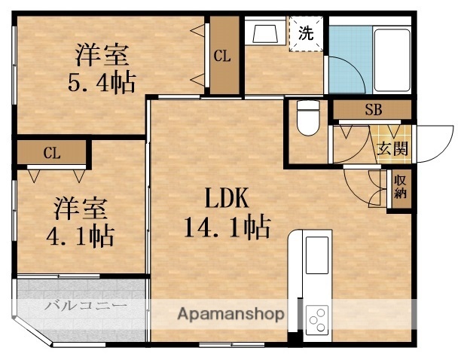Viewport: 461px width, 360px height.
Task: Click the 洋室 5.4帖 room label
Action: [105, 69]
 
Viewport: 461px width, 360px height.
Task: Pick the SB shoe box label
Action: [373, 110]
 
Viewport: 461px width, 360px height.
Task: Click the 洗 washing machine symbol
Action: [306, 33]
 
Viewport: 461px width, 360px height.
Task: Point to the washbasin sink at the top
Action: [265, 33]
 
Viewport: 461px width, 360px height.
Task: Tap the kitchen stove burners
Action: [317, 319]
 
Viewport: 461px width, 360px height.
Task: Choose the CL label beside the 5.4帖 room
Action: [221, 55]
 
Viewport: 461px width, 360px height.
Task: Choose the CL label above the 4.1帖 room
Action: [51, 154]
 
